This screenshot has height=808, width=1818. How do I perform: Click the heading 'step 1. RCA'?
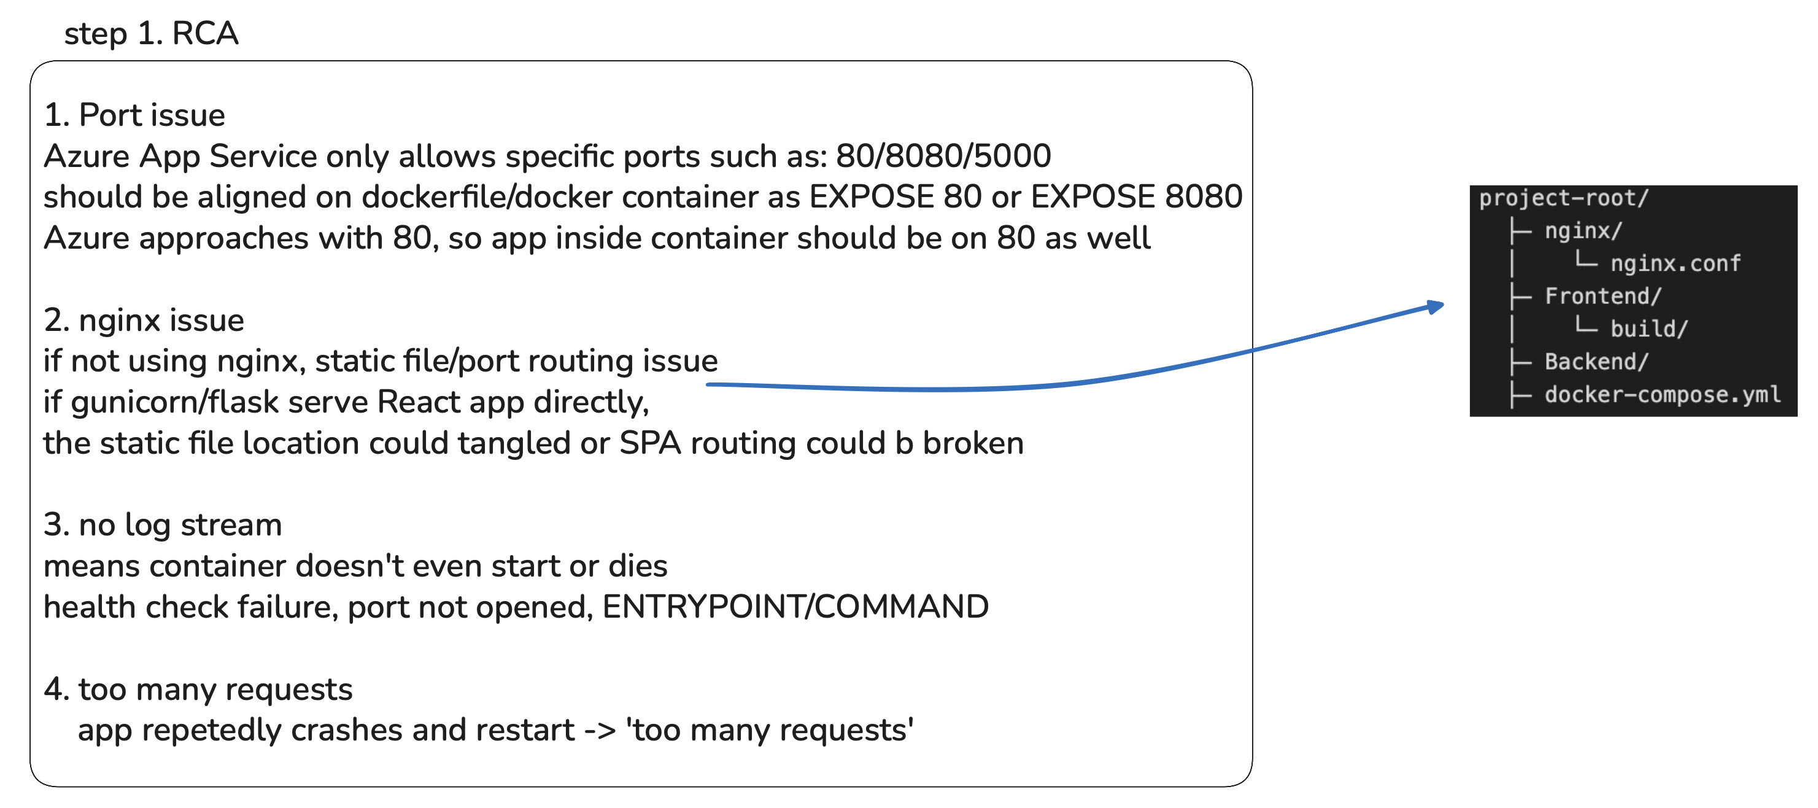click(x=151, y=34)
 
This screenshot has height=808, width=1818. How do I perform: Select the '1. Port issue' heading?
click(x=134, y=115)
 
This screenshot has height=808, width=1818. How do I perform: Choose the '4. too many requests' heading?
click(x=198, y=690)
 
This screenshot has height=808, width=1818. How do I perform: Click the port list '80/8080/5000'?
click(x=943, y=156)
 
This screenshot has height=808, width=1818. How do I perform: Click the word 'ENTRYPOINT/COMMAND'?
click(x=795, y=607)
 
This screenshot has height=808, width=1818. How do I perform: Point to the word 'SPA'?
click(x=649, y=443)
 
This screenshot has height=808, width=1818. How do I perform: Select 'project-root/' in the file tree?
click(x=1563, y=198)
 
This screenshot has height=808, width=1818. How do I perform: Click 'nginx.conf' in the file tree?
click(x=1675, y=264)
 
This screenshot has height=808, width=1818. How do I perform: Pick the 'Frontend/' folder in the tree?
click(x=1603, y=297)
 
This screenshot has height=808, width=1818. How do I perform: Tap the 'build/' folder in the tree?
click(x=1649, y=329)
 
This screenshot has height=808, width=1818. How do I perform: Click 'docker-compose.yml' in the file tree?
click(x=1662, y=394)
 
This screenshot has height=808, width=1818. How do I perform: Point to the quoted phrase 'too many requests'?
click(x=769, y=731)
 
